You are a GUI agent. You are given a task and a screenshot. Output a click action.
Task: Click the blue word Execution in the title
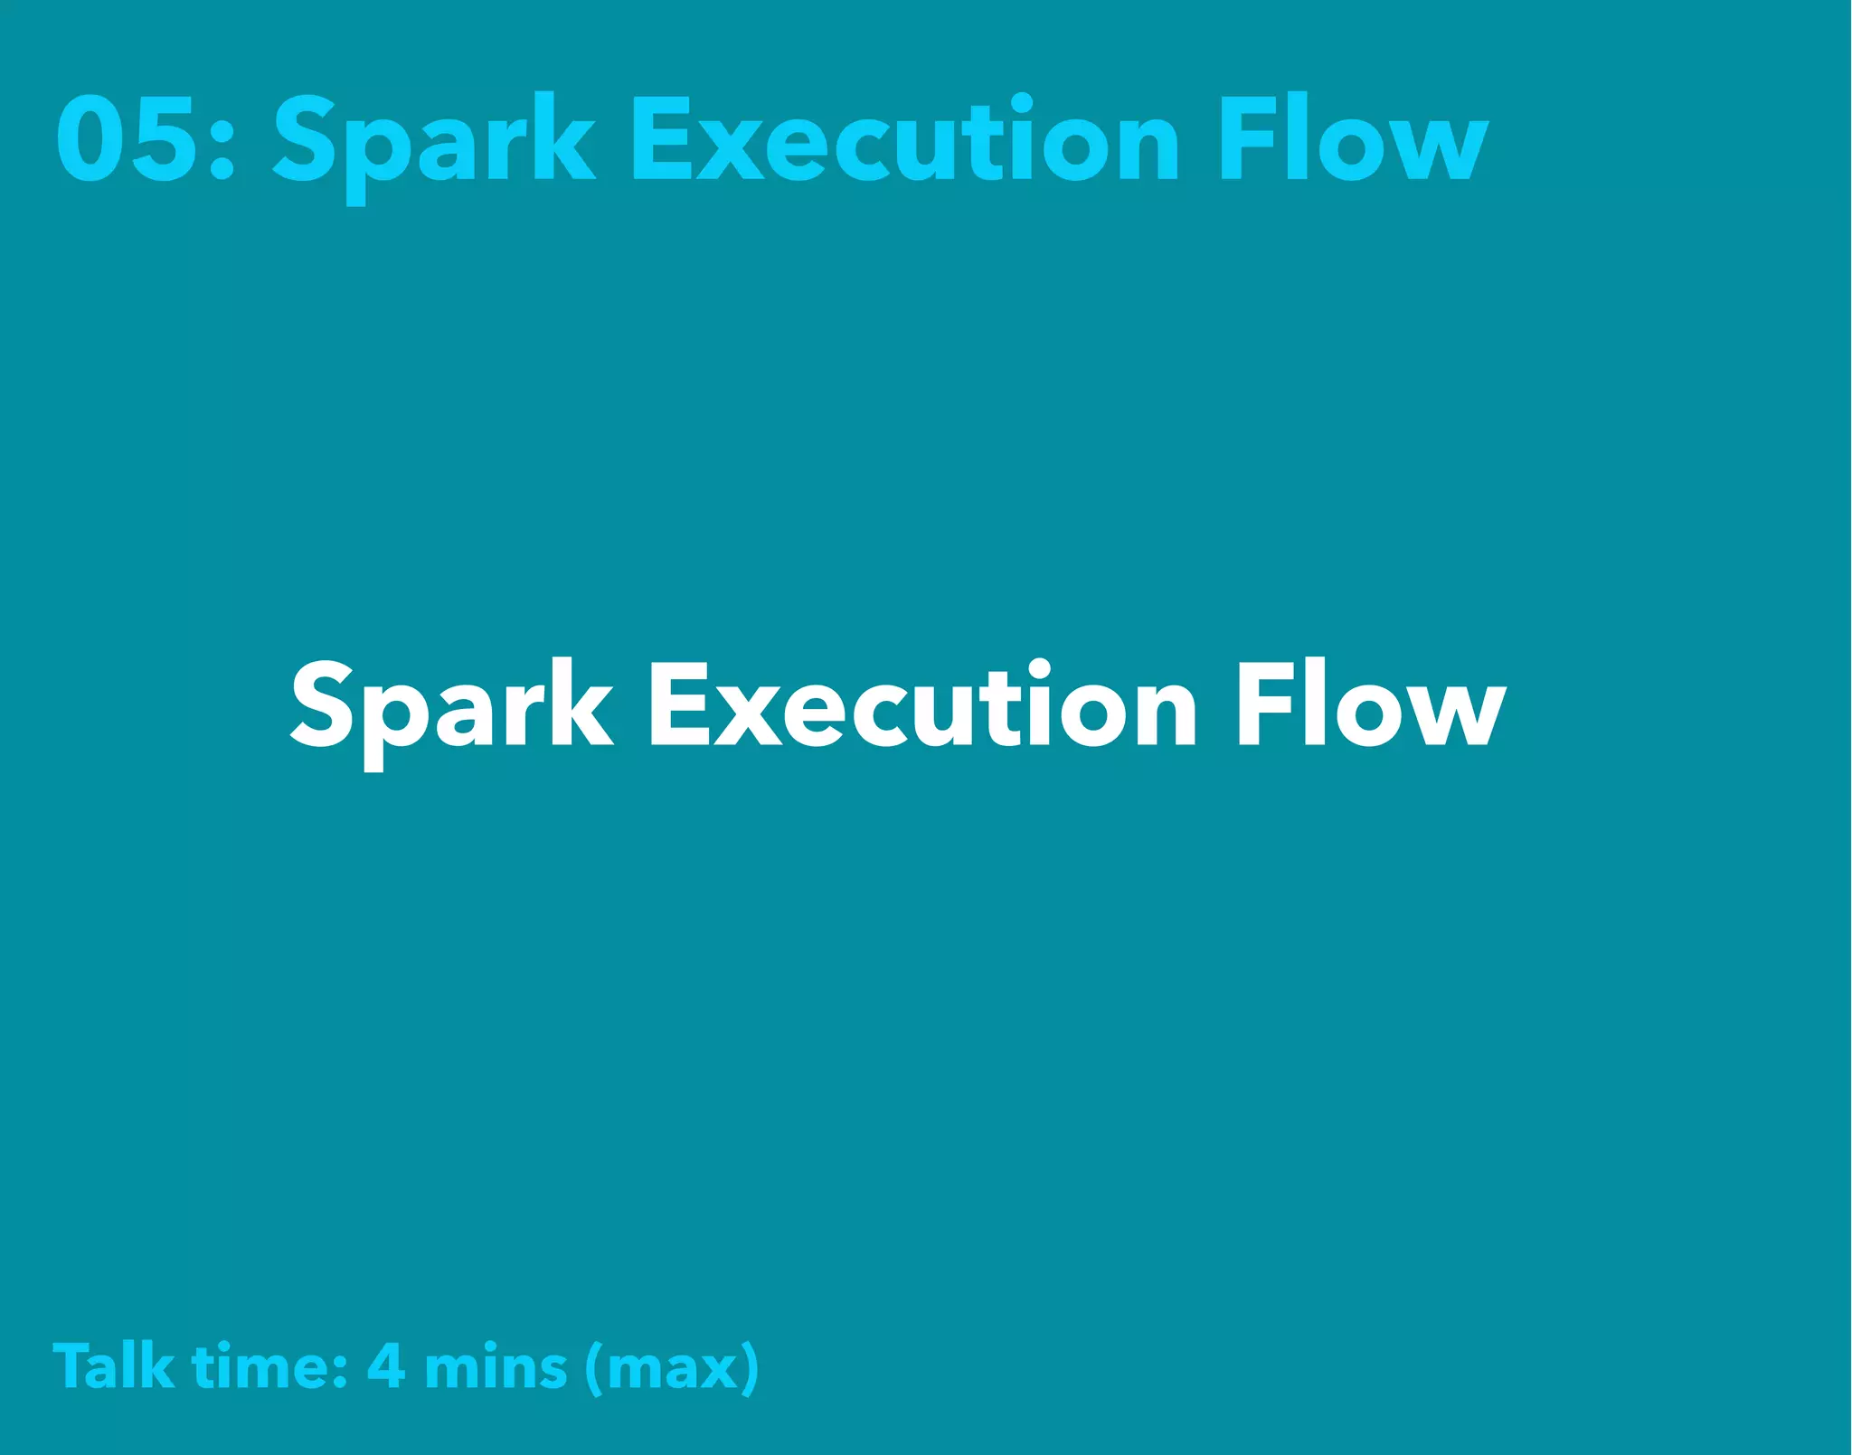pyautogui.click(x=904, y=140)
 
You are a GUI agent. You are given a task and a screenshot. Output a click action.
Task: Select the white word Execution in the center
pyautogui.click(x=922, y=705)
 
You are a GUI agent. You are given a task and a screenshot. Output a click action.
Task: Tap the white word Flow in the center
pyautogui.click(x=1370, y=705)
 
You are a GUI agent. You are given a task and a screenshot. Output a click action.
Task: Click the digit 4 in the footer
pyautogui.click(x=386, y=1365)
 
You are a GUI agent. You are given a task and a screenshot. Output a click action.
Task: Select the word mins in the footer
pyautogui.click(x=496, y=1367)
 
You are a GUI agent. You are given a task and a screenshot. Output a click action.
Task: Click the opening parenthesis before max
pyautogui.click(x=594, y=1367)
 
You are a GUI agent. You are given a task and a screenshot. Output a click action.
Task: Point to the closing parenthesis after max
pyautogui.click(x=750, y=1367)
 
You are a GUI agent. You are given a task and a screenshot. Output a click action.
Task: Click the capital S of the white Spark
pyautogui.click(x=322, y=704)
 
